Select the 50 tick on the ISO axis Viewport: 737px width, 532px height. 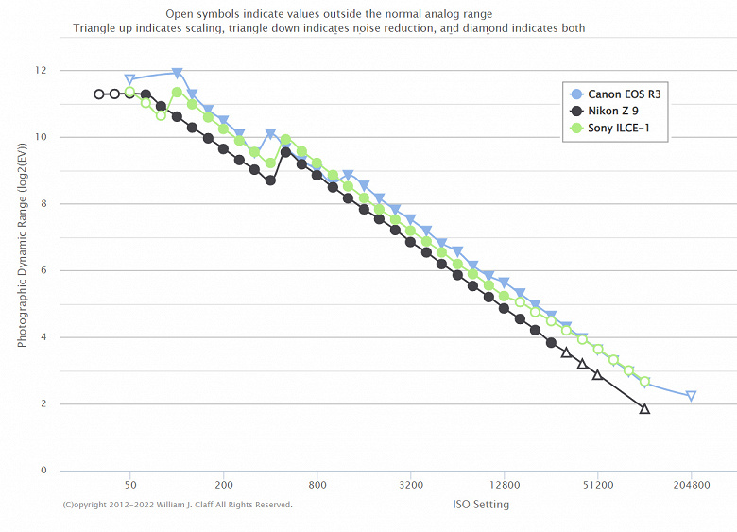click(x=130, y=485)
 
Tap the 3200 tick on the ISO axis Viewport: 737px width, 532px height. click(x=410, y=485)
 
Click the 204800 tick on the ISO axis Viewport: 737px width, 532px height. click(x=691, y=485)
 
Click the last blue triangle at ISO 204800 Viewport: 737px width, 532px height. click(x=691, y=396)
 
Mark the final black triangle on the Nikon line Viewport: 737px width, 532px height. click(x=644, y=408)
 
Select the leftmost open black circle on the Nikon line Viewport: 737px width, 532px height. click(x=99, y=94)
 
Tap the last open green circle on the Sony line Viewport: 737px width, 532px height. click(x=644, y=382)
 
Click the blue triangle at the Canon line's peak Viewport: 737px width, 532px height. click(x=177, y=73)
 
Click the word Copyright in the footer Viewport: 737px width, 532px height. click(x=94, y=505)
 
